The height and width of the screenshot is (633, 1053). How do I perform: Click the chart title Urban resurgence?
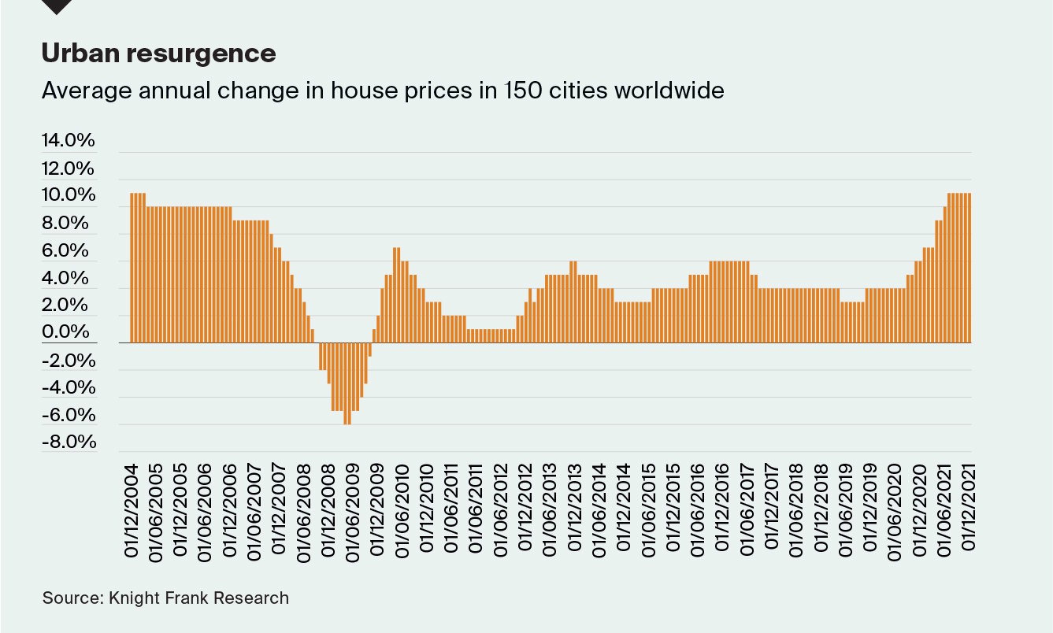[158, 54]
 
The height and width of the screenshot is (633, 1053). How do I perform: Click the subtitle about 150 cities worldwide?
[382, 91]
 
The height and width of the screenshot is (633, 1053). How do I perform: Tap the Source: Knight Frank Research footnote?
[165, 598]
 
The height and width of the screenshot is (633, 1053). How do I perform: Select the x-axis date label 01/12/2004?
[132, 509]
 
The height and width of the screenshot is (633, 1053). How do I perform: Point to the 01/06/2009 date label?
[354, 509]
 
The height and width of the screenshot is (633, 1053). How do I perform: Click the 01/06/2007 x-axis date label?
[255, 509]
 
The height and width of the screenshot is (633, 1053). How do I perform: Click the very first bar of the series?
[132, 268]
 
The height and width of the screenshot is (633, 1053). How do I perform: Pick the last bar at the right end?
[969, 268]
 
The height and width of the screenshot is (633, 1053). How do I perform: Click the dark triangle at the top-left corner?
[57, 6]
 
